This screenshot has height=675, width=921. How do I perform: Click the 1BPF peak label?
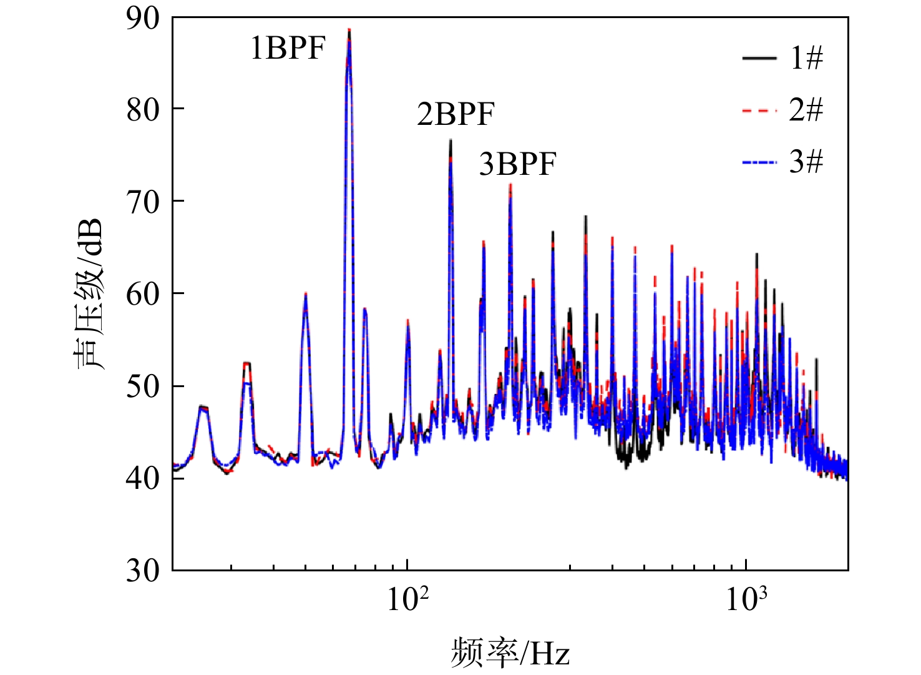(x=288, y=49)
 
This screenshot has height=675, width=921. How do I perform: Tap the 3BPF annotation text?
(x=518, y=164)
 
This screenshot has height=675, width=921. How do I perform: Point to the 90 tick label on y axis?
(x=142, y=19)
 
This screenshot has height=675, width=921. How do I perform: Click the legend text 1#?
(x=806, y=59)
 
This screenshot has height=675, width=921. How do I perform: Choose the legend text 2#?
(x=806, y=110)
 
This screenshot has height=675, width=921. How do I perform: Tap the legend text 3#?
(x=806, y=161)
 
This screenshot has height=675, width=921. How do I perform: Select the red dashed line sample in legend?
(x=759, y=111)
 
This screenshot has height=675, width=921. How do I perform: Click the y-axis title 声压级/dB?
(x=89, y=293)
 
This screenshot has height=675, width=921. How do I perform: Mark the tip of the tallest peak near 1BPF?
(x=349, y=29)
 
